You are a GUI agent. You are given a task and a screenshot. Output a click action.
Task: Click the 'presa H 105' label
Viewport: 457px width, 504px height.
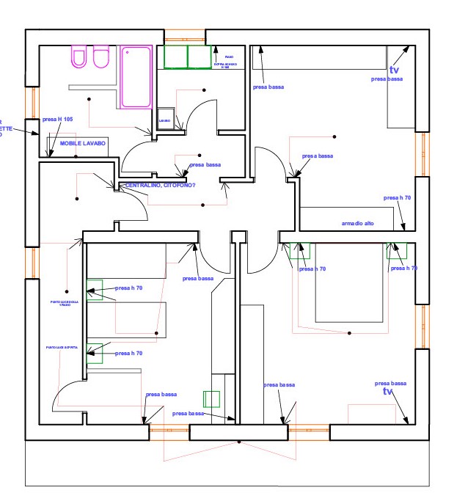(58, 119)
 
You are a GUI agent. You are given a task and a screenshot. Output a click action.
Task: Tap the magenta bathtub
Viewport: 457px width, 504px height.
(136, 76)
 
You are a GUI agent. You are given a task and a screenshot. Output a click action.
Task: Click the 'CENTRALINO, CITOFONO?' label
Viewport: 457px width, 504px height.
(161, 185)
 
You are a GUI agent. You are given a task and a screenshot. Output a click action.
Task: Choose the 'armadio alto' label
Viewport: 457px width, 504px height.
(358, 223)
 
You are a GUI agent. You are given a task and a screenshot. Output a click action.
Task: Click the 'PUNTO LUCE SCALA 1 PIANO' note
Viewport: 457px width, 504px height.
(63, 303)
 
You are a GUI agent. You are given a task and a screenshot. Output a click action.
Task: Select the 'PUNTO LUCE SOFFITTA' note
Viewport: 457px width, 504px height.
(62, 347)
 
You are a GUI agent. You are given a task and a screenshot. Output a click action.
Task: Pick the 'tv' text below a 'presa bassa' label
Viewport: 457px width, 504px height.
(388, 392)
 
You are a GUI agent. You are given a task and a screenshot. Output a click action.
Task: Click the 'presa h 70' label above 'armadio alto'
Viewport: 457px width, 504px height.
(397, 198)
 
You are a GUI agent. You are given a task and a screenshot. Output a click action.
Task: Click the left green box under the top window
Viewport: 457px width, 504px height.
(175, 57)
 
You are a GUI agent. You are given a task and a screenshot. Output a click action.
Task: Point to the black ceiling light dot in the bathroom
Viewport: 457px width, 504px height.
(89, 98)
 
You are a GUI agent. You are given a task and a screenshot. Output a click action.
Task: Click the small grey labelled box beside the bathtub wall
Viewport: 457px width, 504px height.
(165, 120)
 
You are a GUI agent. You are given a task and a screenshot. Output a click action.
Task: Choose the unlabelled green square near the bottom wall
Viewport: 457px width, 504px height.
(211, 399)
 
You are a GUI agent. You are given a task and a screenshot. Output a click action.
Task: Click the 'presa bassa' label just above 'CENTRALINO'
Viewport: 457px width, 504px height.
(205, 165)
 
